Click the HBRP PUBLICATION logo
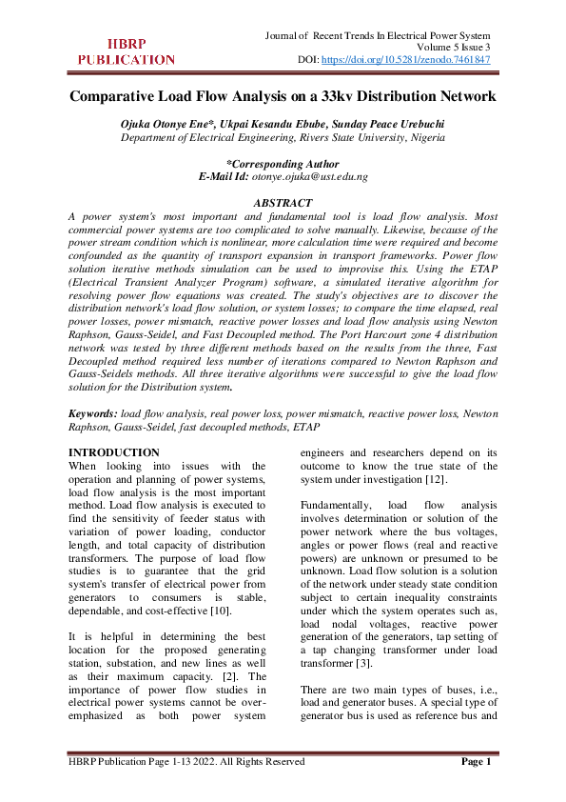126,51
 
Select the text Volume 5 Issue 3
454,47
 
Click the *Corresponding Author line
283,164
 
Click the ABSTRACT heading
283,204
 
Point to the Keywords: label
93,414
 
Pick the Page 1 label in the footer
476,762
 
